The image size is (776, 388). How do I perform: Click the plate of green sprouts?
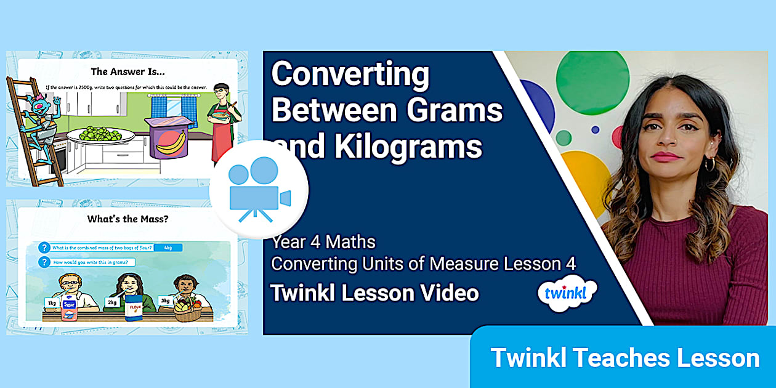coord(99,134)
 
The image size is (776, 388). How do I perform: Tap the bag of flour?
coord(134,308)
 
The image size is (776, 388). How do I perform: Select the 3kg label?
coord(165,300)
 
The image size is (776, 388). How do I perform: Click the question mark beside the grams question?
coord(44,262)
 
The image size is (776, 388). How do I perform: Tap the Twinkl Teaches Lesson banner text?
coord(624,358)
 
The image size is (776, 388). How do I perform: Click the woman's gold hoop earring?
coord(709,164)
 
